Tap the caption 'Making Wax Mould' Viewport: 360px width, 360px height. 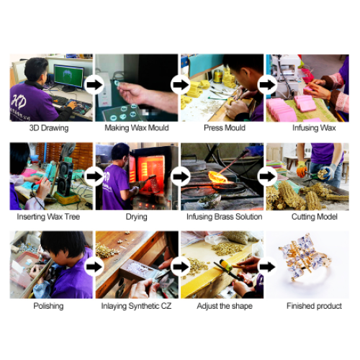(136, 128)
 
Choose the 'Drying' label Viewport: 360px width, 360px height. (136, 217)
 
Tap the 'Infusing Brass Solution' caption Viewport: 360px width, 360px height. (224, 217)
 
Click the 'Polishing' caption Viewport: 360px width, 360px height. (48, 306)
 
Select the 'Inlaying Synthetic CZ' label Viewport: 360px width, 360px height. (136, 306)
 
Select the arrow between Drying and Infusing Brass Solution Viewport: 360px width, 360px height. (179, 174)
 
